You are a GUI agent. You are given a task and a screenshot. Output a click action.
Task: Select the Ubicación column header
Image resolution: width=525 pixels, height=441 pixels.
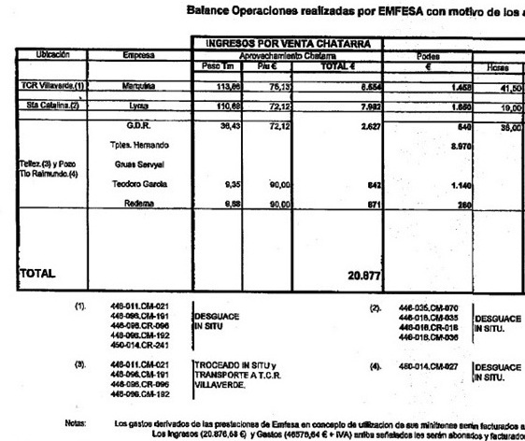pos(52,55)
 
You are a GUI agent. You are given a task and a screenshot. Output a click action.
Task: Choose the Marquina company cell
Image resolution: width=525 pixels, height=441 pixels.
pos(138,86)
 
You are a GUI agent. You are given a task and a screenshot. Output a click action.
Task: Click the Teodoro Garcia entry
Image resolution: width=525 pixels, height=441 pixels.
pos(138,185)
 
